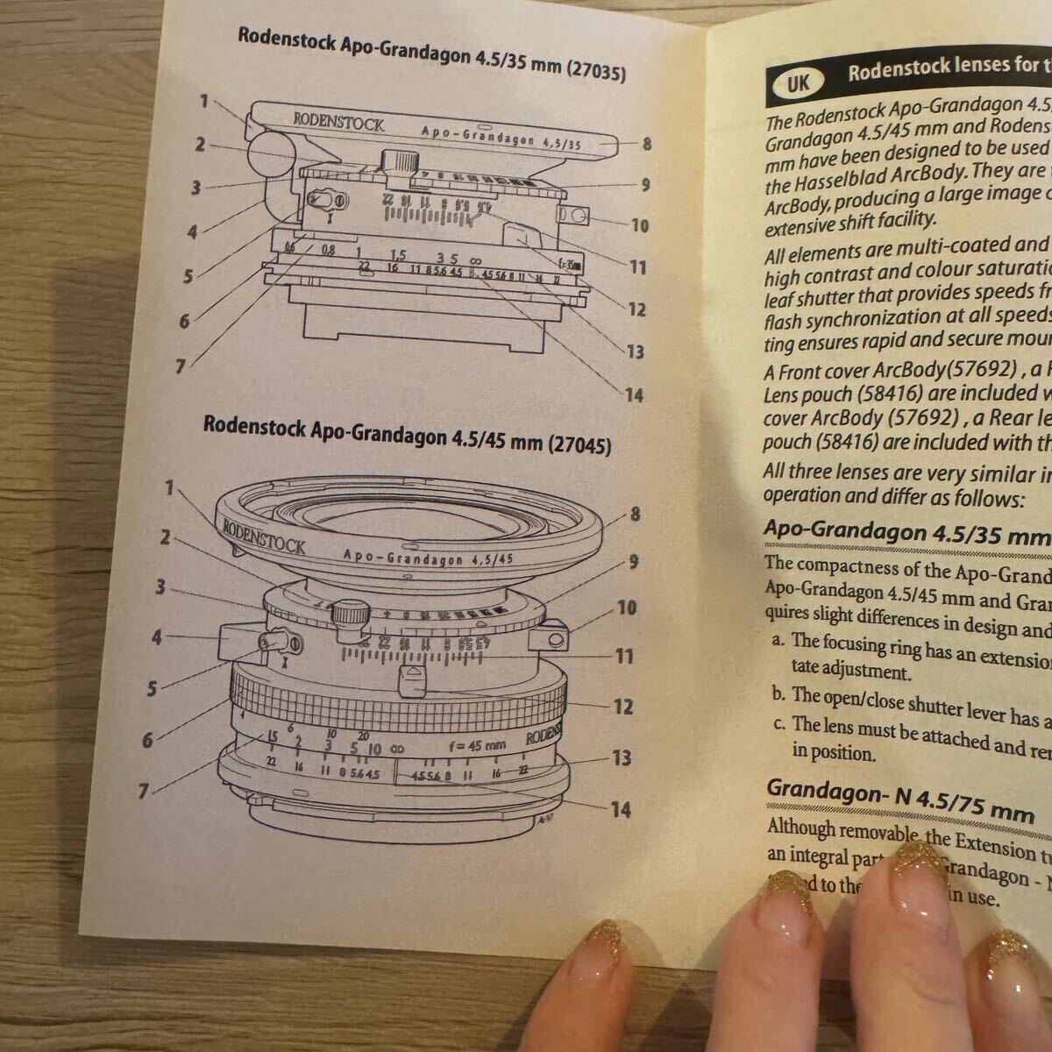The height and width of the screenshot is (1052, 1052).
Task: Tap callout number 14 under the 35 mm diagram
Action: [x=634, y=394]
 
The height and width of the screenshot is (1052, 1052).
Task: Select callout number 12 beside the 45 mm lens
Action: [x=622, y=706]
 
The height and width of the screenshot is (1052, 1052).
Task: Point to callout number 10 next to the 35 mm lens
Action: [x=640, y=225]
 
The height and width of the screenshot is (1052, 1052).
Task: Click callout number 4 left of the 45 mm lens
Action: [x=156, y=637]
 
